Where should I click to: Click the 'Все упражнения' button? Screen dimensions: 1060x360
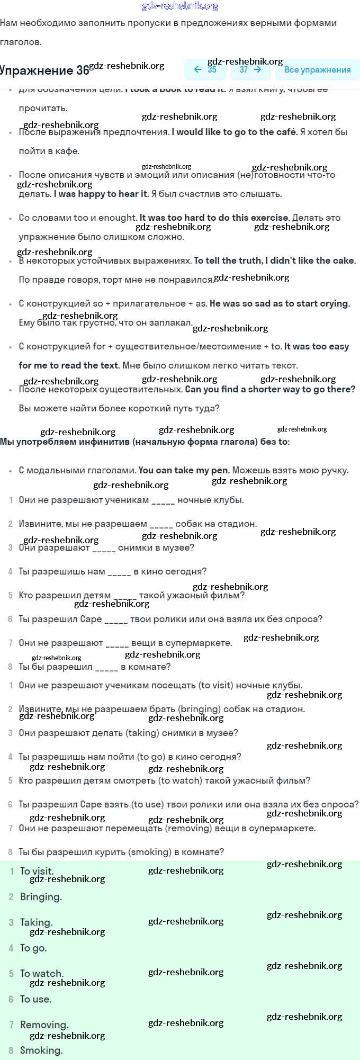coord(317,70)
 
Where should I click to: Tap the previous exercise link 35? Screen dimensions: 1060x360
coord(205,69)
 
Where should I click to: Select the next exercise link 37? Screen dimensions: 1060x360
coord(250,69)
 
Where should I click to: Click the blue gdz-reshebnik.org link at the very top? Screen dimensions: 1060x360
coord(180,6)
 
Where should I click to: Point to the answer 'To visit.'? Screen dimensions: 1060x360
coord(37,871)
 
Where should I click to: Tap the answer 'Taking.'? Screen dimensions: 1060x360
coord(36,922)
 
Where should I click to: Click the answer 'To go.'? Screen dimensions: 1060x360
coord(33,948)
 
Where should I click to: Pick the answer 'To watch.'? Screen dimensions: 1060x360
coord(42,973)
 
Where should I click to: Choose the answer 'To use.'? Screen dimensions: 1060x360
coord(35,999)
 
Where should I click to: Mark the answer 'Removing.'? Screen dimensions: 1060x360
coord(44,1025)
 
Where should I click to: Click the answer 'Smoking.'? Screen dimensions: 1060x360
coord(41,1050)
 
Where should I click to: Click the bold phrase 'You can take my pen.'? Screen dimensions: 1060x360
coord(184,470)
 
